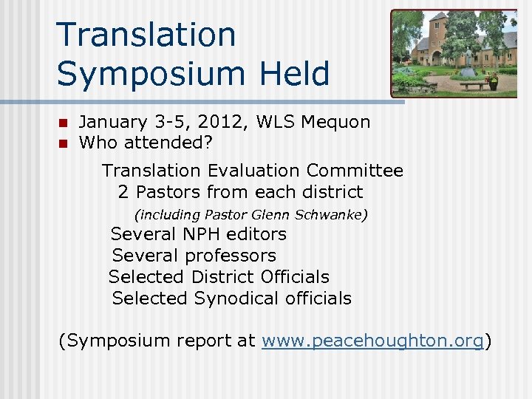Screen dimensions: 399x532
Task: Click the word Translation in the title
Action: coord(146,35)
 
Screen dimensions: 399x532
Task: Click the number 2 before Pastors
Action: coord(123,192)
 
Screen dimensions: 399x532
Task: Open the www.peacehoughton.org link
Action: coord(372,341)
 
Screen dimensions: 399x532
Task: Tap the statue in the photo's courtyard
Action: coord(468,61)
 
